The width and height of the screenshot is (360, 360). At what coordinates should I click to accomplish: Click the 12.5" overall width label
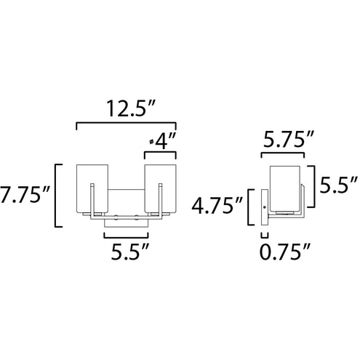pyautogui.click(x=130, y=109)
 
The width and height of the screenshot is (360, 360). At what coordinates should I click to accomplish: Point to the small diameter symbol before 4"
pyautogui.click(x=151, y=141)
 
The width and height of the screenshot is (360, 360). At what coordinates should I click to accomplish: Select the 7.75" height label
pyautogui.click(x=24, y=194)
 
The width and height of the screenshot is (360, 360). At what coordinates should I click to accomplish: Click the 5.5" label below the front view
pyautogui.click(x=129, y=252)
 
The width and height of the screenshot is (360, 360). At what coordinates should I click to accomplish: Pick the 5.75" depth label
pyautogui.click(x=289, y=139)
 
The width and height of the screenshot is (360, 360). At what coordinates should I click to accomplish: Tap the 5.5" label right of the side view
pyautogui.click(x=338, y=185)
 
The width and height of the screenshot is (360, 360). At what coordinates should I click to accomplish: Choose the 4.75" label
pyautogui.click(x=217, y=206)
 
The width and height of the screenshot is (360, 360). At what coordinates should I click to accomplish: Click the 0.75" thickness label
pyautogui.click(x=285, y=252)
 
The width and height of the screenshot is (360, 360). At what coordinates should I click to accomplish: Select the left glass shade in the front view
pyautogui.click(x=92, y=189)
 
